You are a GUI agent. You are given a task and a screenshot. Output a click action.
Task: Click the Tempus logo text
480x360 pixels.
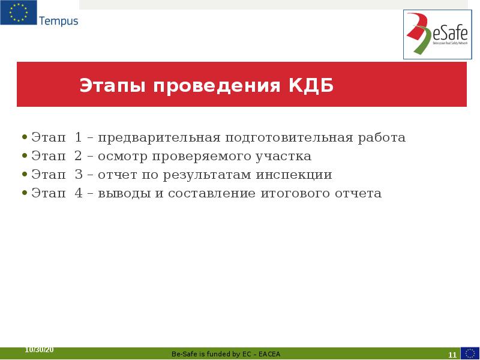[x=58, y=21]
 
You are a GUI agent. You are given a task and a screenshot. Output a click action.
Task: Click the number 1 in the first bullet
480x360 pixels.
[x=79, y=138]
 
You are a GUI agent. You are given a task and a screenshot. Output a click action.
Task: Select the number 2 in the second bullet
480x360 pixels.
[x=79, y=157]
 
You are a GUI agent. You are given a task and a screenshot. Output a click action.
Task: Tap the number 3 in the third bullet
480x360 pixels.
[x=79, y=175]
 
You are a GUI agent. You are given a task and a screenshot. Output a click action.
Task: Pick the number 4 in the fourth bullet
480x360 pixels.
[x=79, y=194]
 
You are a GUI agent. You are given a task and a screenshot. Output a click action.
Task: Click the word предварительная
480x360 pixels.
[x=160, y=138]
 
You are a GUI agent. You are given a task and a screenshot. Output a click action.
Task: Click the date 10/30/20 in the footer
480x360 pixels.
[x=39, y=349]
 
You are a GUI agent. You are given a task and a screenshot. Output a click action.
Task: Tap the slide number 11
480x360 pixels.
[x=452, y=355]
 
